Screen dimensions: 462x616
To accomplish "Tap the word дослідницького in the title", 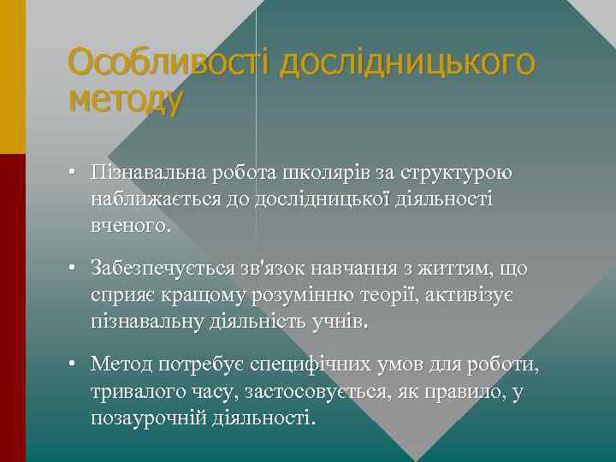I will [408, 63].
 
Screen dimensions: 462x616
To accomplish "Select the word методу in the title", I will [125, 101].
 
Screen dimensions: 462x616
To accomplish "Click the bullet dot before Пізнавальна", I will [75, 173].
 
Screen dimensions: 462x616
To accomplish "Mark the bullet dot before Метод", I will [75, 365].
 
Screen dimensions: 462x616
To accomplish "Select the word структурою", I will [453, 174].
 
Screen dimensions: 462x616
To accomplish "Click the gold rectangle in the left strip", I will [13, 77].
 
